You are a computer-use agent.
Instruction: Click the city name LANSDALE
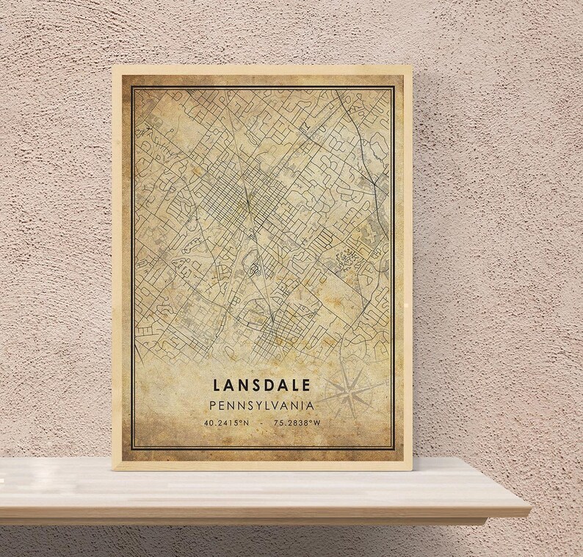(x=263, y=384)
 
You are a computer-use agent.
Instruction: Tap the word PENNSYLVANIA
(x=262, y=405)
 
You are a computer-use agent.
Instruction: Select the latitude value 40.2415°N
(x=228, y=423)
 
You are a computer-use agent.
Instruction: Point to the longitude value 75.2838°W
(x=298, y=423)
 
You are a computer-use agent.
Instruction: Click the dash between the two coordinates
(x=262, y=423)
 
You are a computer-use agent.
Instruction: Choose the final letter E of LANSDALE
(x=309, y=384)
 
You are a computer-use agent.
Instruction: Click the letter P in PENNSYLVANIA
(x=213, y=405)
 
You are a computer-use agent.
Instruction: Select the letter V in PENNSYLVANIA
(x=281, y=405)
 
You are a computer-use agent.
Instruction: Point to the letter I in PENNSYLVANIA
(x=303, y=405)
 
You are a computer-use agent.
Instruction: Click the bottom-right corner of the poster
(x=413, y=470)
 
